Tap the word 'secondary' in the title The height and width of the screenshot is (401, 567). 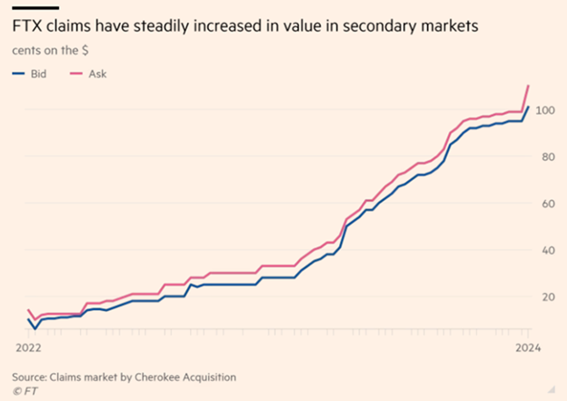click(x=400, y=29)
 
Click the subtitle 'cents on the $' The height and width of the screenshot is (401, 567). click(x=54, y=52)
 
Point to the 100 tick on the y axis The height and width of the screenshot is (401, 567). click(x=544, y=110)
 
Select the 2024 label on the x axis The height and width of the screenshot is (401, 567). click(x=529, y=346)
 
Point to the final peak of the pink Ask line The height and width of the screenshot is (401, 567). click(x=529, y=85)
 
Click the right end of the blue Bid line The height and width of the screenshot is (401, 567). click(x=529, y=107)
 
